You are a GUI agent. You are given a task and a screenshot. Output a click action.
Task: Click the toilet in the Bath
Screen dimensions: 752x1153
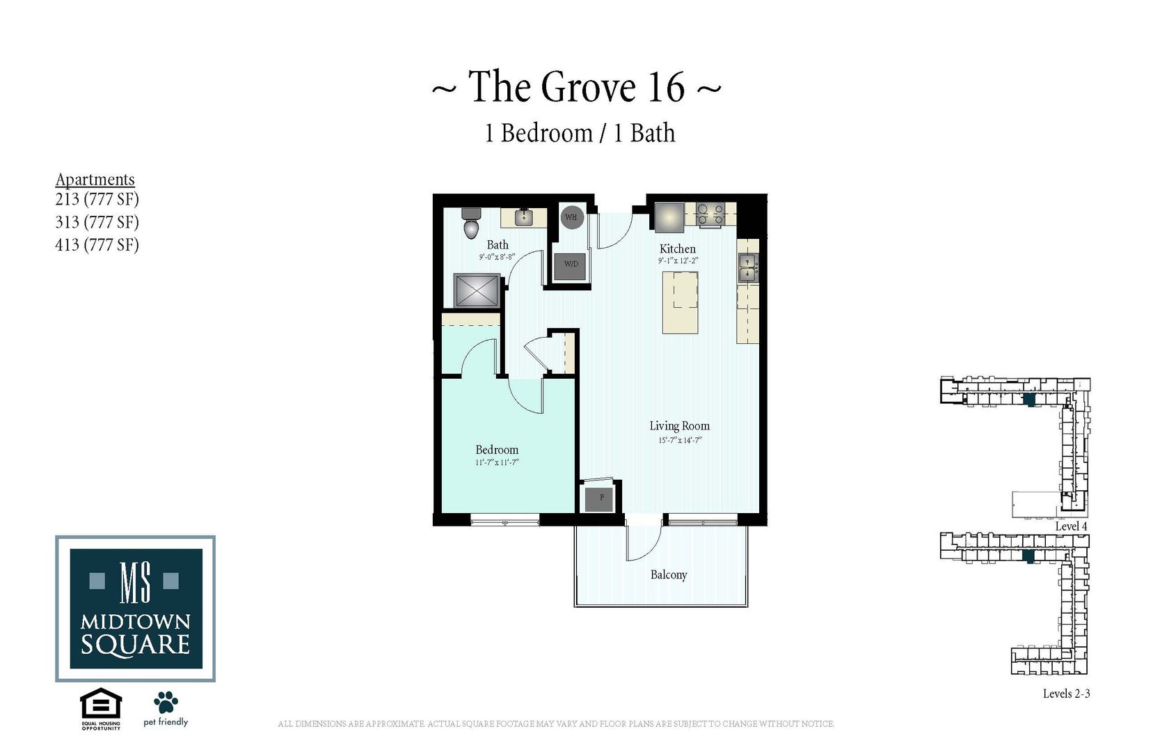(x=472, y=223)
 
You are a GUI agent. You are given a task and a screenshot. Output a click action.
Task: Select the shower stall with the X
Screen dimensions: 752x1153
(x=477, y=290)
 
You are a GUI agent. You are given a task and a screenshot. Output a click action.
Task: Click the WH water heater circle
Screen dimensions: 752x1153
(x=571, y=217)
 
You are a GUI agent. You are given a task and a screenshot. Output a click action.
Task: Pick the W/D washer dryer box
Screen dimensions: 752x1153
(x=571, y=265)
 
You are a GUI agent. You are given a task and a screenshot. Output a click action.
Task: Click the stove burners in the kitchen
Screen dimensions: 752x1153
(x=710, y=213)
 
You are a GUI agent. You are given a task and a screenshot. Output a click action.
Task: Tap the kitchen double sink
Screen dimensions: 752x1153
(x=747, y=268)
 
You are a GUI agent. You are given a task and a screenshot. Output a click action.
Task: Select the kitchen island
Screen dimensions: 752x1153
(x=680, y=302)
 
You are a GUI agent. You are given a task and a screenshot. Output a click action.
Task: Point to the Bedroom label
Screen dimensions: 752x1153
(x=497, y=450)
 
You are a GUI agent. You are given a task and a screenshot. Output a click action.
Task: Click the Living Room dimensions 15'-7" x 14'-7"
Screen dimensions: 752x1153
(x=680, y=441)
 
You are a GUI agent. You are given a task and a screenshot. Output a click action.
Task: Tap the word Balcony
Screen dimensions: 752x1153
(x=669, y=575)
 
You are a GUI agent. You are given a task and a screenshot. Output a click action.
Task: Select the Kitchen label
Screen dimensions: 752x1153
(x=677, y=249)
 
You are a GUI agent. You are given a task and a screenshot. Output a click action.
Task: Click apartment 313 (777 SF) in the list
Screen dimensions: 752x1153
(x=97, y=222)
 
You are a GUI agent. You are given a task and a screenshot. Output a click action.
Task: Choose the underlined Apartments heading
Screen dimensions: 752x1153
(x=95, y=179)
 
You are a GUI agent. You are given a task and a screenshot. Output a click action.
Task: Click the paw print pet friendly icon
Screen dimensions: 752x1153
(x=166, y=702)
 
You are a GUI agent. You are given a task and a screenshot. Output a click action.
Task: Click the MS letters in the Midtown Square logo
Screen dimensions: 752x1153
(x=135, y=582)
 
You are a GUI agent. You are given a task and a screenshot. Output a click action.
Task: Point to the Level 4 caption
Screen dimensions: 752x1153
(x=1071, y=526)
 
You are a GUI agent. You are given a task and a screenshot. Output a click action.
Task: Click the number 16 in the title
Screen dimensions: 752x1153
(x=666, y=87)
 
